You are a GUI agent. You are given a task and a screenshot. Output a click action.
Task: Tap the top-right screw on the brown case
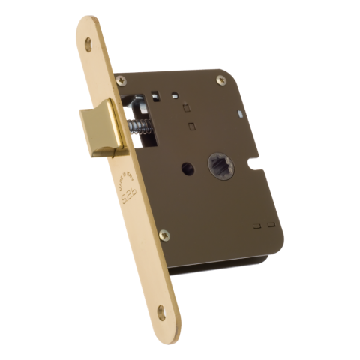coord(220,79)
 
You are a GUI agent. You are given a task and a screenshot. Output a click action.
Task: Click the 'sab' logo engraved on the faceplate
coord(126,196)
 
